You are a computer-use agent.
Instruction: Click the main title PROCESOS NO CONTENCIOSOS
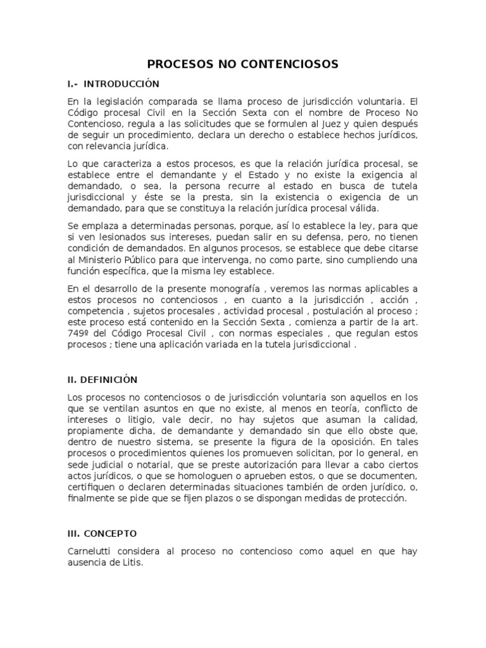point(243,64)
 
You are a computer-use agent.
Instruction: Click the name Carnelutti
point(89,552)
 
